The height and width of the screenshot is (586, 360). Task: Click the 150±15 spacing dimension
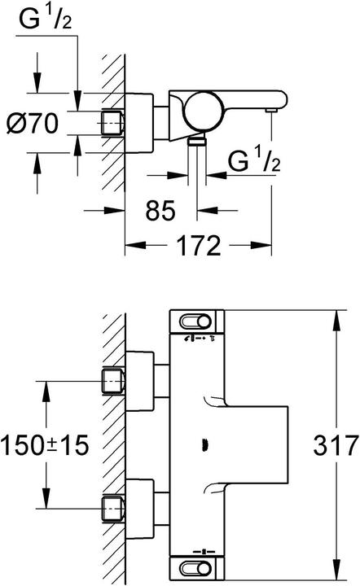click(45, 445)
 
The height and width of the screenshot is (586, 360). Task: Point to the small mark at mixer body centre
click(204, 445)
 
